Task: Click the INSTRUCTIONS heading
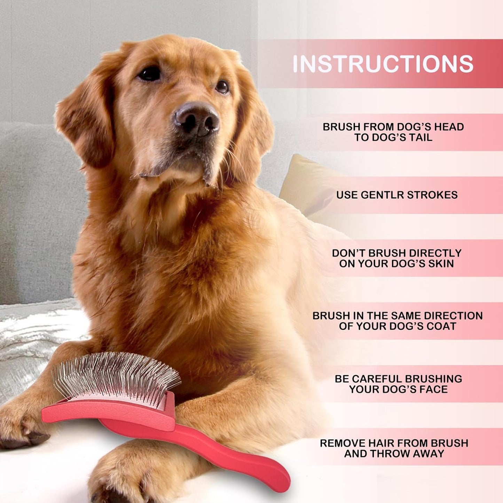(x=383, y=64)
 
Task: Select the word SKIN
(x=441, y=264)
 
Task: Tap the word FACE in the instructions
(x=434, y=389)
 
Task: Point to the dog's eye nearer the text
(x=222, y=87)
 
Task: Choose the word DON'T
(x=348, y=253)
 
